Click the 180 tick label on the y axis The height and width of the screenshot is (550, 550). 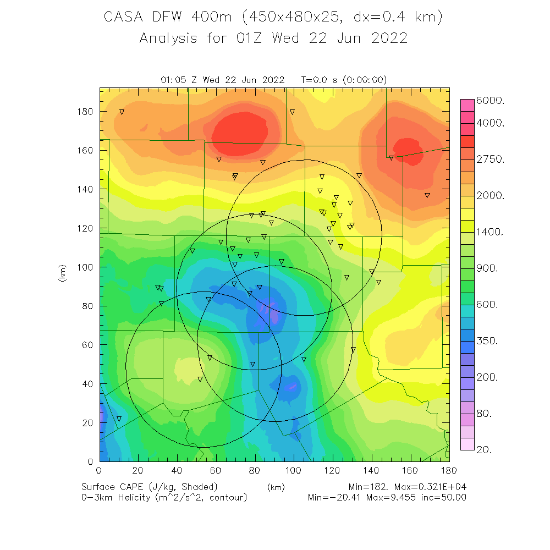(85, 112)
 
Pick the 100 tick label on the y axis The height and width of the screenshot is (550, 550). (85, 267)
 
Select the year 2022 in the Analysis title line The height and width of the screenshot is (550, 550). (388, 38)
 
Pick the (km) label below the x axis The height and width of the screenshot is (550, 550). (275, 487)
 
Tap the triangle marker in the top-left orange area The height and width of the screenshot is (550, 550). (122, 112)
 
